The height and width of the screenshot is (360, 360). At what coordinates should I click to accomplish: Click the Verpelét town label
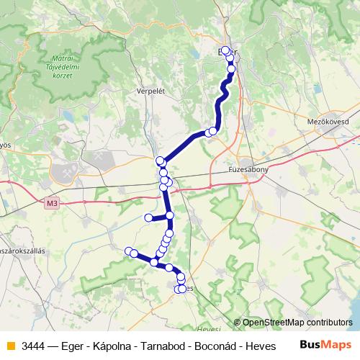point(150,91)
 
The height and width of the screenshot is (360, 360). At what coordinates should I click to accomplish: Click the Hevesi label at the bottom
point(208,329)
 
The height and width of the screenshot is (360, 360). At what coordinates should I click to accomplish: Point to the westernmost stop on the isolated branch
point(148,217)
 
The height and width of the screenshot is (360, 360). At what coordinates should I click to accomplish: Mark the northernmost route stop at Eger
point(226,50)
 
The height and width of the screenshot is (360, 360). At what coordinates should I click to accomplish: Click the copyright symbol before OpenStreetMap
point(237,323)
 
